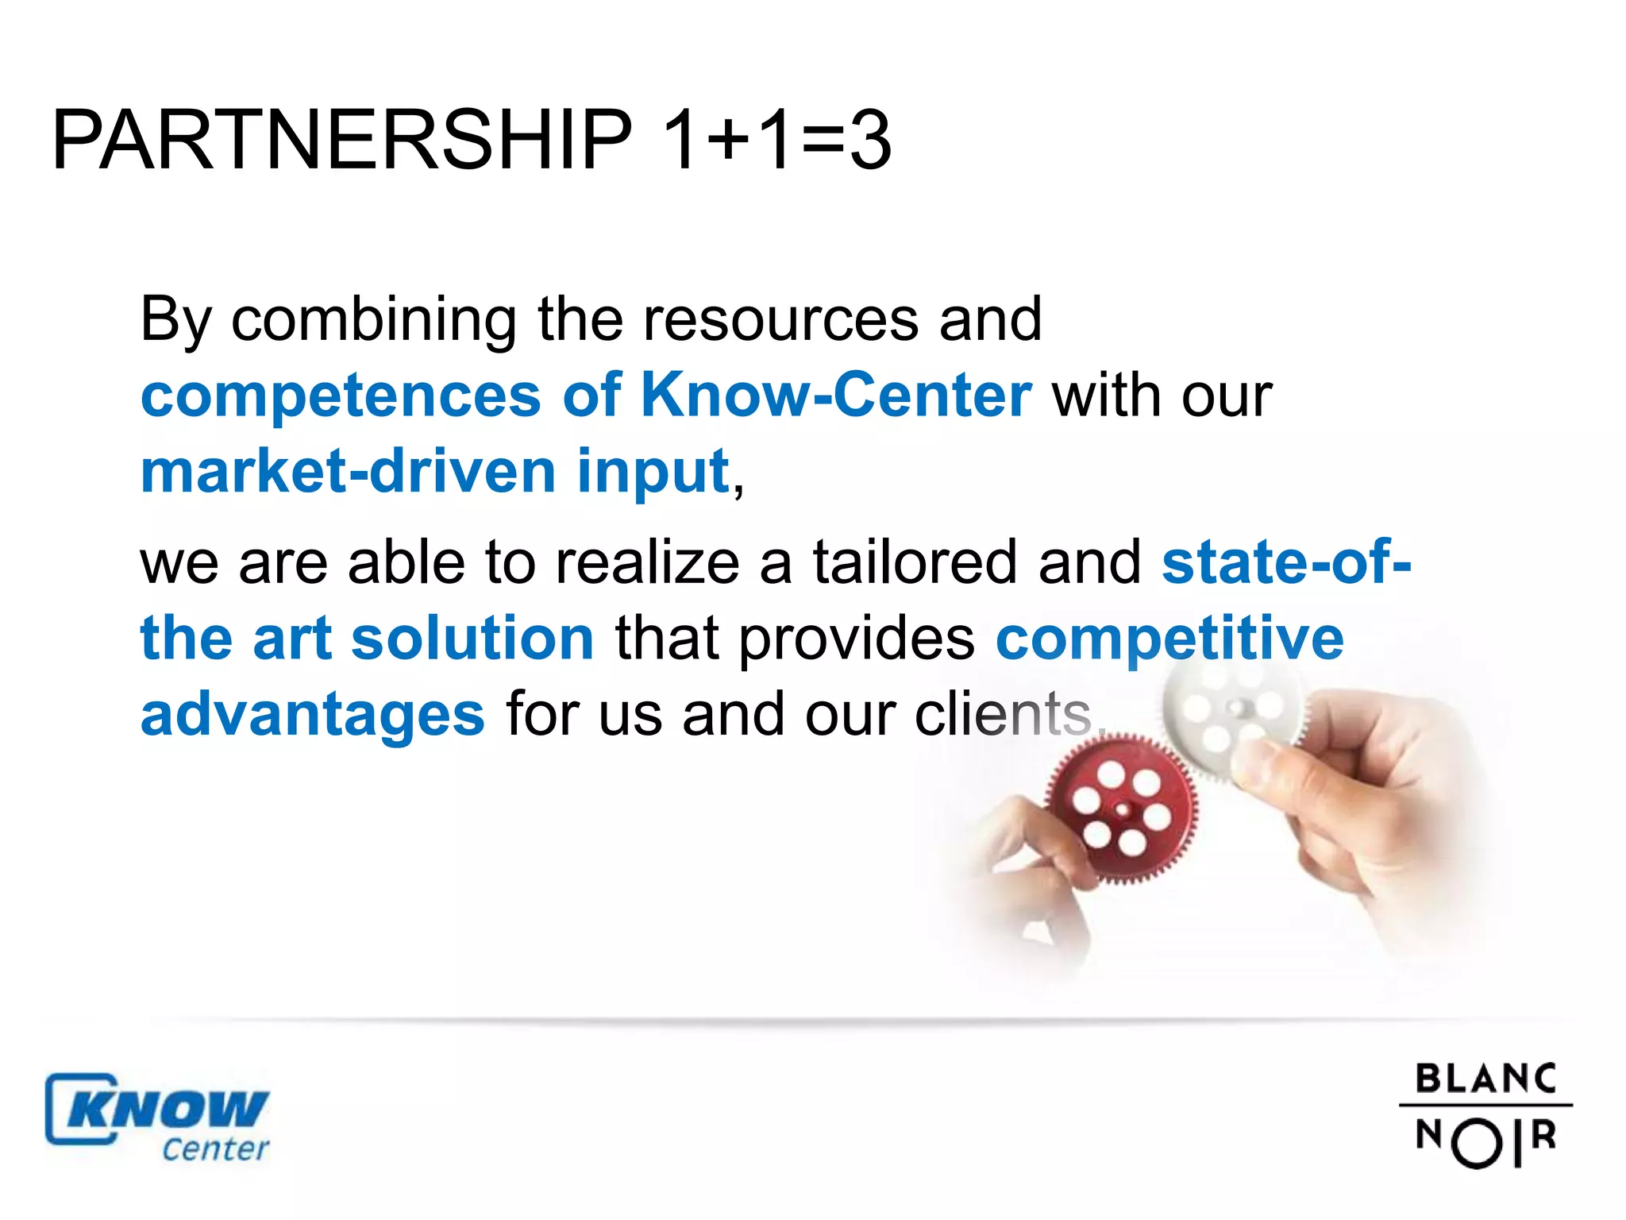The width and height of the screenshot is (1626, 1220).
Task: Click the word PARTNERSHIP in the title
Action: click(341, 141)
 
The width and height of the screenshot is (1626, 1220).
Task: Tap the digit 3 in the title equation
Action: click(870, 141)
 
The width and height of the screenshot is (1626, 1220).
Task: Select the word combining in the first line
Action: click(373, 320)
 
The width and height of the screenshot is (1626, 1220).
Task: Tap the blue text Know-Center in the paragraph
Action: click(836, 395)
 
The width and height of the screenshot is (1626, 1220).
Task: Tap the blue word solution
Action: click(472, 638)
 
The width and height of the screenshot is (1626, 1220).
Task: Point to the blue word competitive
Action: click(1169, 639)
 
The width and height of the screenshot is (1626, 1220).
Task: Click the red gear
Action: click(1119, 810)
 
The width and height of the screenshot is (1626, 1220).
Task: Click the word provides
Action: click(857, 639)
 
